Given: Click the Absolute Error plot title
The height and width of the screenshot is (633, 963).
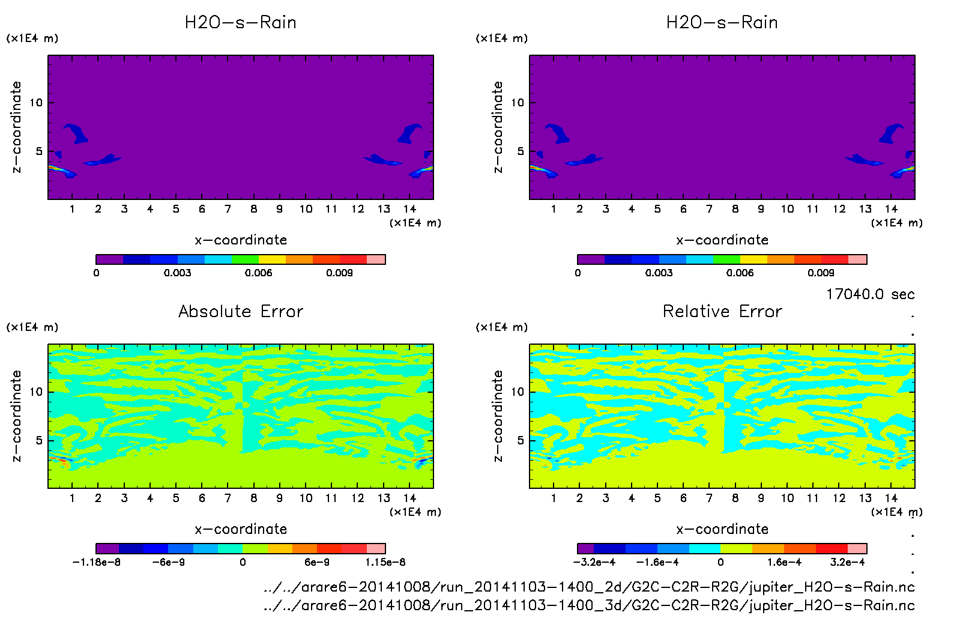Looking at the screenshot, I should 241,311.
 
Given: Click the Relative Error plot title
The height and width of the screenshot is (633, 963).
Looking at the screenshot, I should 722,311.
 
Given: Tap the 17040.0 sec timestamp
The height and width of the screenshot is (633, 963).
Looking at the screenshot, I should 870,294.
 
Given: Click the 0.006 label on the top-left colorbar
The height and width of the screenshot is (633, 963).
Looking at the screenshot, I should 258,273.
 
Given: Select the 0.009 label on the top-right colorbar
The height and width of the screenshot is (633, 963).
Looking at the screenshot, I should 821,273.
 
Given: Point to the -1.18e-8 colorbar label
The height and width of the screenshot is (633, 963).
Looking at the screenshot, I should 97,562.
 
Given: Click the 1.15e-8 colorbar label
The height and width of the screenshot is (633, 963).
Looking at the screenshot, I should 385,562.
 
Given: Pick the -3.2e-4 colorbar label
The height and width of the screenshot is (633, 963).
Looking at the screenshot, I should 594,562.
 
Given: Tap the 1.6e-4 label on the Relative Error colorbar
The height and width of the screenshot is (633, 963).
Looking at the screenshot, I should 784,562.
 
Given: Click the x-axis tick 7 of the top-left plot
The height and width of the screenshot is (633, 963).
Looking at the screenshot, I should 228,209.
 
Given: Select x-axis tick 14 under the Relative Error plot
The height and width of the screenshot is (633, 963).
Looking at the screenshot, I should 891,498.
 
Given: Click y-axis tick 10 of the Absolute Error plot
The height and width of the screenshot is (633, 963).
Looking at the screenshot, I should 36,392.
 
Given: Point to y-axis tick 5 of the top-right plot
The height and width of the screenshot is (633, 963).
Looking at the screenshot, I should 521,151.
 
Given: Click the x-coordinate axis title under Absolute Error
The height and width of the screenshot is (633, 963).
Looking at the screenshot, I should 241,529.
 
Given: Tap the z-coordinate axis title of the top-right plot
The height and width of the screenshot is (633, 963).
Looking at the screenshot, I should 498,127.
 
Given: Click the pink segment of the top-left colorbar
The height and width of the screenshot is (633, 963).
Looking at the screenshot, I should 376,259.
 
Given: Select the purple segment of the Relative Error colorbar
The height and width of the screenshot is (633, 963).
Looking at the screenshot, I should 585,548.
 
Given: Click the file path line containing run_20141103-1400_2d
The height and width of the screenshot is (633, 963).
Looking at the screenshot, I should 588,587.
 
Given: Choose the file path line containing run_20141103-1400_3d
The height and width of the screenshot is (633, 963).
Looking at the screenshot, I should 588,605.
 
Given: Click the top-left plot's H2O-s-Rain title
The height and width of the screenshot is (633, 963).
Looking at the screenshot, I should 241,22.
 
